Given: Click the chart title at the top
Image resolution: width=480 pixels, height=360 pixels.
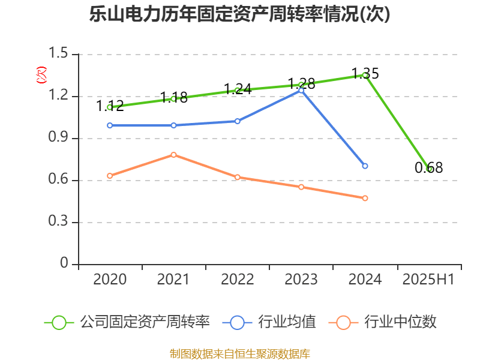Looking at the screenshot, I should point(240,14).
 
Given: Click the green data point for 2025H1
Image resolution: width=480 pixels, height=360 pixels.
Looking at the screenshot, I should point(428,169).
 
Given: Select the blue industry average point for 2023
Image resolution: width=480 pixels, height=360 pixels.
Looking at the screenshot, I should point(301,90).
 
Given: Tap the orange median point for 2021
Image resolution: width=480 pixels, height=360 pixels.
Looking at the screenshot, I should point(173,155).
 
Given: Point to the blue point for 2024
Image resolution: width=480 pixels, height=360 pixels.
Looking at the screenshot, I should point(365,166).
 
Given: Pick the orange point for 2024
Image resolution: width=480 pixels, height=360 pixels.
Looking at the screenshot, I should point(365,198).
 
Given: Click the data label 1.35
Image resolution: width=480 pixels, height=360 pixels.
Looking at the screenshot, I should point(365,74).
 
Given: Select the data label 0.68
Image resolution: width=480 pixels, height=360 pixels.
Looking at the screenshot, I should point(428,168).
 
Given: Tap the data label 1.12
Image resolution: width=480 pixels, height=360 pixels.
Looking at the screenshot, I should point(110,106).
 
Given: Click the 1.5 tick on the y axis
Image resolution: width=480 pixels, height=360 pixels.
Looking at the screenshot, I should point(59,55).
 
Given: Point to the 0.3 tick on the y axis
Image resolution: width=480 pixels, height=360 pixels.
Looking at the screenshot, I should point(59,223).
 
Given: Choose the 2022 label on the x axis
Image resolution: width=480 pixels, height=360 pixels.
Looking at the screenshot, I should point(237,280).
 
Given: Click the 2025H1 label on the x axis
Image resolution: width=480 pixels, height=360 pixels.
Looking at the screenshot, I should point(428,280).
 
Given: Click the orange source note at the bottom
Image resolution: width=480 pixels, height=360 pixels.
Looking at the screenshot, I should point(240,353).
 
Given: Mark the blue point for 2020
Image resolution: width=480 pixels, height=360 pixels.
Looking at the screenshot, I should point(110,125).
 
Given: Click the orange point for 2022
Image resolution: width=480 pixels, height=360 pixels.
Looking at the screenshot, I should point(238,178).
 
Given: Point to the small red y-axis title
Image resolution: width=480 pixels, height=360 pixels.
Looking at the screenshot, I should point(41,74).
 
